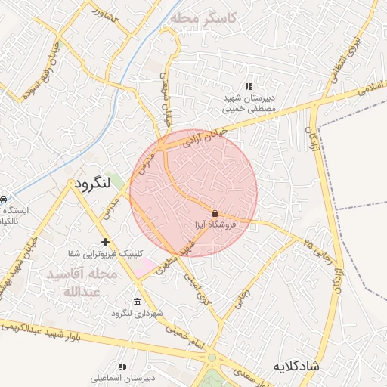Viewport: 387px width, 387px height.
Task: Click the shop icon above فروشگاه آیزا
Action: click(x=215, y=213)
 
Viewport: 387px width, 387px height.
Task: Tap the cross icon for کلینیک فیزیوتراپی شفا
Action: click(x=105, y=242)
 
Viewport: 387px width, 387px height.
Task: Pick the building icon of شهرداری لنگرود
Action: click(x=137, y=300)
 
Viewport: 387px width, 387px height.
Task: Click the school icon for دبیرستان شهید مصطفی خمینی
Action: click(x=249, y=85)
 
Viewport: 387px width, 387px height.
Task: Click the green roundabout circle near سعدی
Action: click(x=212, y=358)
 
